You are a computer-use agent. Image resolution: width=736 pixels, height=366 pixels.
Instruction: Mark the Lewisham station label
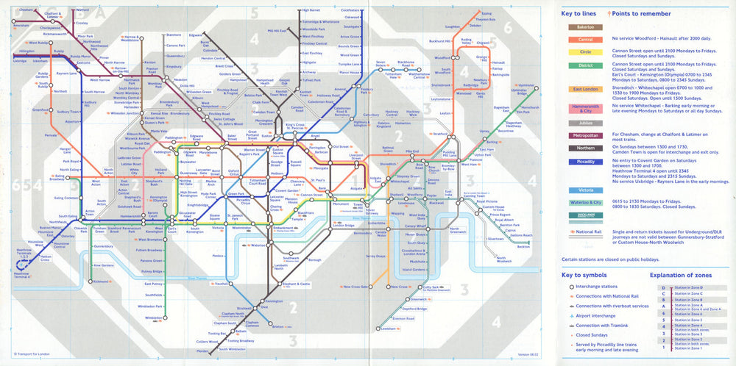click(x=389, y=329)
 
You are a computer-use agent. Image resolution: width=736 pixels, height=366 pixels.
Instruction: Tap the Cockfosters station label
click(x=350, y=10)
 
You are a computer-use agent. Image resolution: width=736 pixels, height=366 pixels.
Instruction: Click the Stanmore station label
click(x=174, y=35)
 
